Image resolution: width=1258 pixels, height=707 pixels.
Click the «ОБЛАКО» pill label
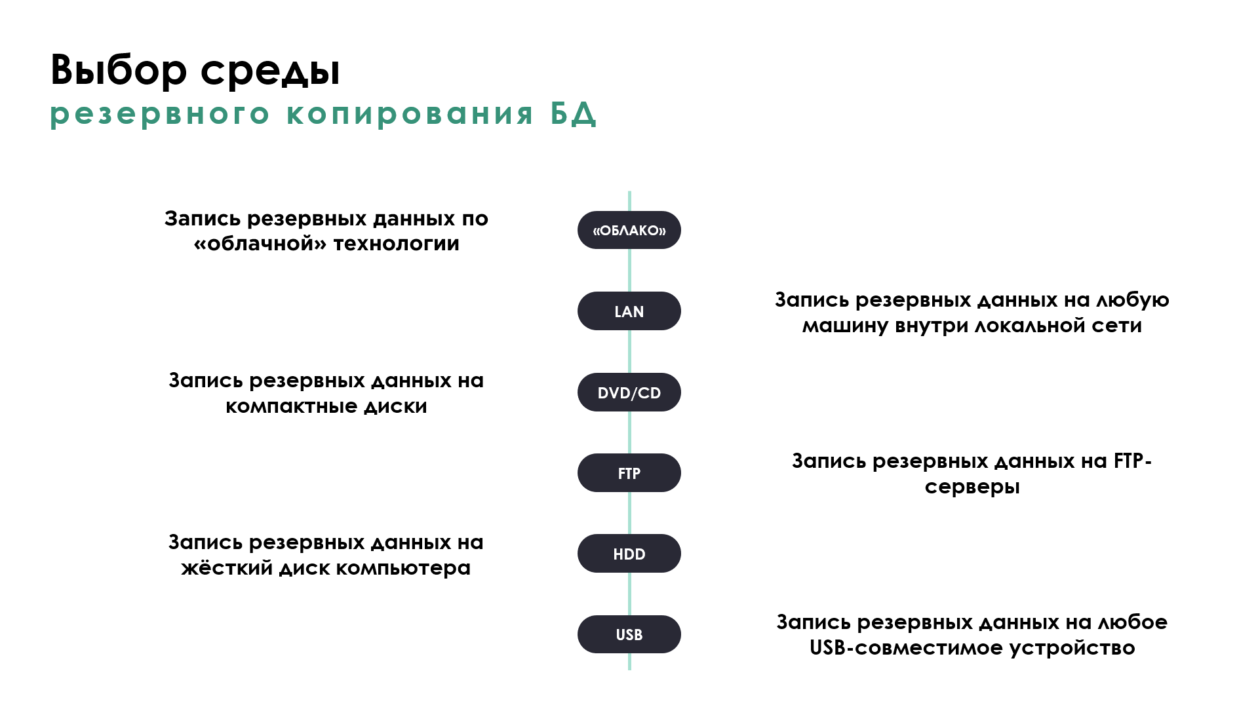(x=629, y=230)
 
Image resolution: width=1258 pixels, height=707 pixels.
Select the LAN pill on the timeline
(x=629, y=311)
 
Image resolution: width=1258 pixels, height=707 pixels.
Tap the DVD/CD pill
(x=629, y=392)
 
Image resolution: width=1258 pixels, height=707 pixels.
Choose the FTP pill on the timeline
(x=629, y=473)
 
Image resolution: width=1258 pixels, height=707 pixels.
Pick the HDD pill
(x=629, y=554)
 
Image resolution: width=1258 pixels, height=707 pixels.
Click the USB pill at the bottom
(x=629, y=634)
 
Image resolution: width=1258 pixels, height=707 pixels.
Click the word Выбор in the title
(x=119, y=69)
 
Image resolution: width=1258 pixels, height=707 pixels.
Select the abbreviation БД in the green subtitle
(x=573, y=114)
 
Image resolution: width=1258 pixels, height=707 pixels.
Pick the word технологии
(x=397, y=244)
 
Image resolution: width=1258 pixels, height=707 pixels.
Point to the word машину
(x=845, y=326)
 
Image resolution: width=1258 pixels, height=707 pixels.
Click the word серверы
(x=972, y=487)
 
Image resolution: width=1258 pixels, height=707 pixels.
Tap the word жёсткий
(x=227, y=567)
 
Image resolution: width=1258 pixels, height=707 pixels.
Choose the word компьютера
(x=403, y=569)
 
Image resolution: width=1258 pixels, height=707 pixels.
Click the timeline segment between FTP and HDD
(x=629, y=513)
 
